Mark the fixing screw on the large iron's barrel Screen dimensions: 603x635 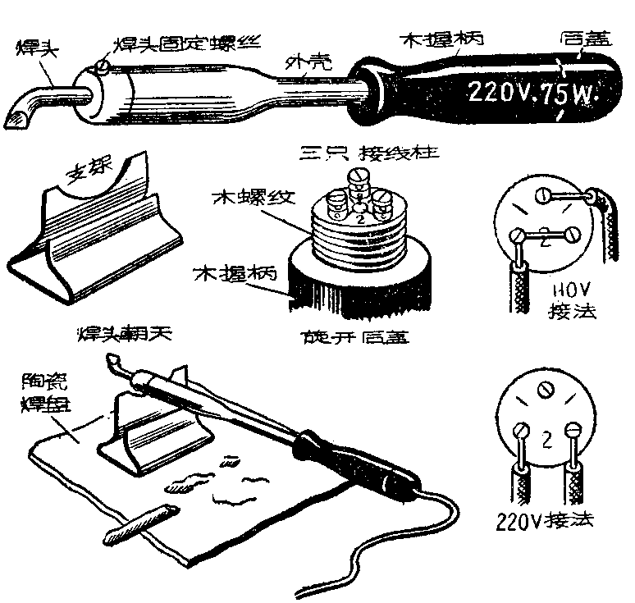101,62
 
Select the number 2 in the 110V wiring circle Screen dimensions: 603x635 544,240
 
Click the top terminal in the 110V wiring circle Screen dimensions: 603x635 543,195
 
